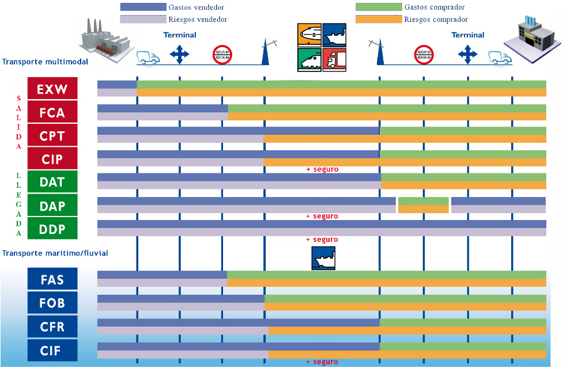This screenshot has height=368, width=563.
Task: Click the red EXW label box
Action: pos(52,89)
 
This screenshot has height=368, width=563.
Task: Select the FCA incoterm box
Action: pos(52,112)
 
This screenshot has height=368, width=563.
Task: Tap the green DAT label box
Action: pos(52,182)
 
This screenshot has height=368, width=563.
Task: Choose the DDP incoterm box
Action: pos(52,229)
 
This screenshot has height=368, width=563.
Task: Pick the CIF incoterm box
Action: pos(52,350)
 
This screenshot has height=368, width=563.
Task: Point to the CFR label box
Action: pos(52,327)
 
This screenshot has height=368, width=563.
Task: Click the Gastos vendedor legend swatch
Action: pos(143,7)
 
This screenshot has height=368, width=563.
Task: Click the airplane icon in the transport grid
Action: pos(309,35)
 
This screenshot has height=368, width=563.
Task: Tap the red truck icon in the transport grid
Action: pos(334,59)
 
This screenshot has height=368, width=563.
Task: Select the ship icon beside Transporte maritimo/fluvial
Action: pos(323,258)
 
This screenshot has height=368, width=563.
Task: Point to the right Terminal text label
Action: pos(468,35)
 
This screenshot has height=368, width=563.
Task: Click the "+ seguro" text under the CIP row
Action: pos(322,169)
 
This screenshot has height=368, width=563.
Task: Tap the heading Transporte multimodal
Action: pos(45,62)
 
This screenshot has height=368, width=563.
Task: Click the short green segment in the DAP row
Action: pos(424,201)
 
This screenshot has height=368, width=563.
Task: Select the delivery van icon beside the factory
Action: pos(148,57)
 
